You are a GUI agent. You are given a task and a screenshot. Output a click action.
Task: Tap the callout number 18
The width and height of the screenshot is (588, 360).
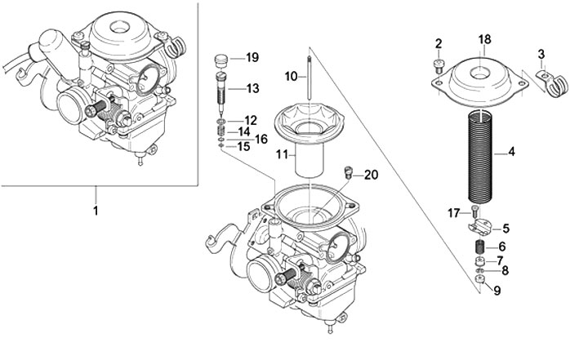484,39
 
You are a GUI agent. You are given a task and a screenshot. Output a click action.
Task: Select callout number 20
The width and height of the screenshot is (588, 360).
372,175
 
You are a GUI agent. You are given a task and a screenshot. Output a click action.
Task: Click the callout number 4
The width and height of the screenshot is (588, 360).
511,151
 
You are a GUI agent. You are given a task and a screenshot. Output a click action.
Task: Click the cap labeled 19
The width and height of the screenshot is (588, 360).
219,59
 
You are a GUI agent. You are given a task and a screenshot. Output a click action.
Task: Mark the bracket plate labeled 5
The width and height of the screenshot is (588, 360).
481,228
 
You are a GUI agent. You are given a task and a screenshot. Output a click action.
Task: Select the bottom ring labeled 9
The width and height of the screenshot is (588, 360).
480,282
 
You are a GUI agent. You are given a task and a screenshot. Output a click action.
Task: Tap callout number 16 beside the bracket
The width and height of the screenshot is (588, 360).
261,140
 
